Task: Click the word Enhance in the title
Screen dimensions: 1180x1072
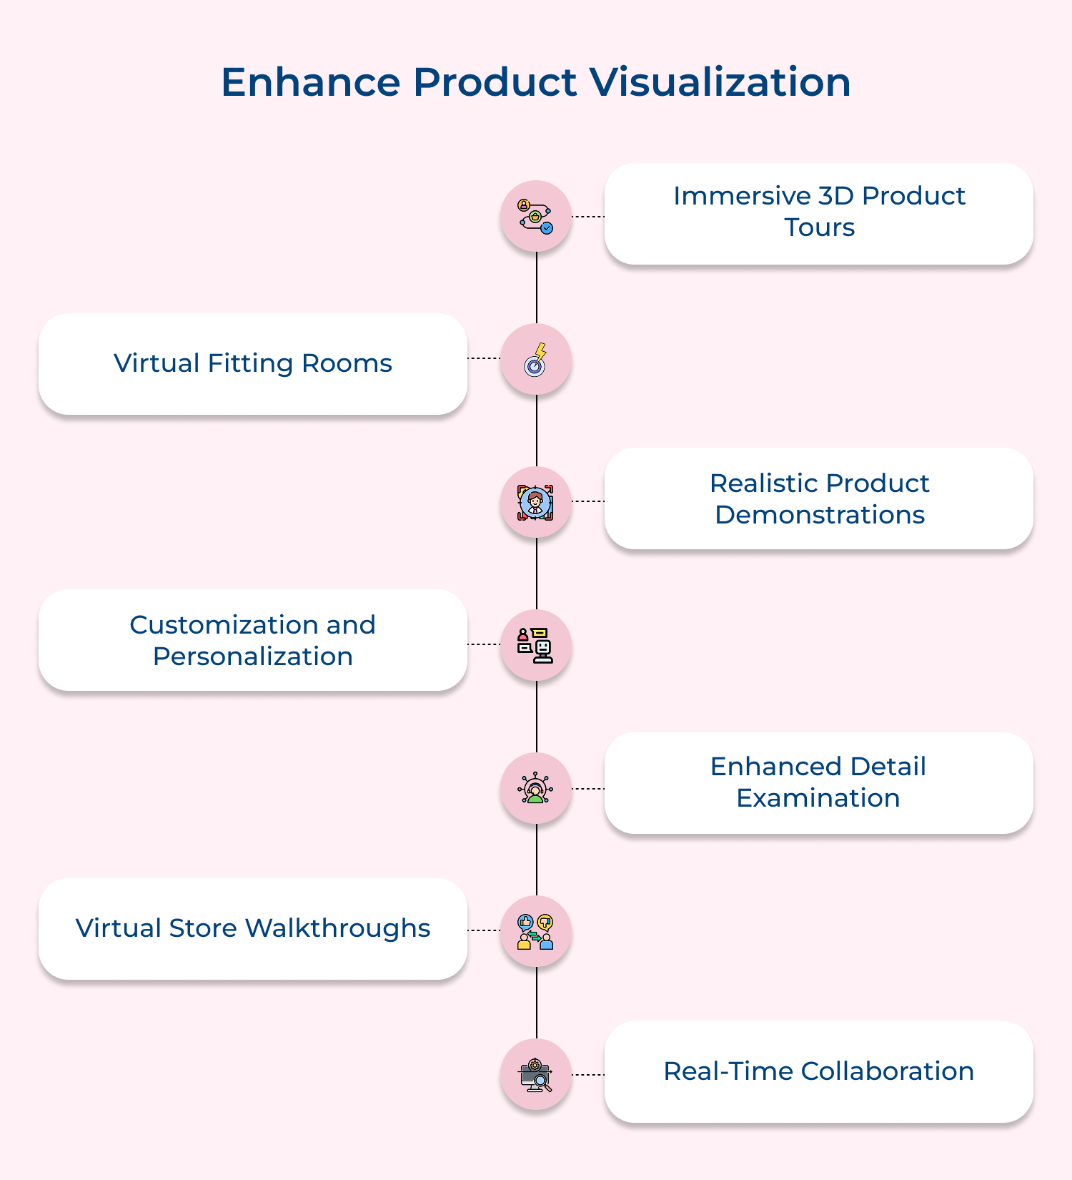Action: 310,82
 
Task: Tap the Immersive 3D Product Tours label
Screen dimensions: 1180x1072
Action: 819,212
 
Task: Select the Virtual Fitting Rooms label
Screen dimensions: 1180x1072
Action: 253,363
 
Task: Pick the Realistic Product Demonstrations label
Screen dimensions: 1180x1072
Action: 819,499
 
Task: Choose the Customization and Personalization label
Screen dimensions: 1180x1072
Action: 253,641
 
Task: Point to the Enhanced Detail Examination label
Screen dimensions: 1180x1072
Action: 819,782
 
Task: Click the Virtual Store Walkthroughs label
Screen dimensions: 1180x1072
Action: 253,928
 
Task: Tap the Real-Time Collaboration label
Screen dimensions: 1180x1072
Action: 819,1071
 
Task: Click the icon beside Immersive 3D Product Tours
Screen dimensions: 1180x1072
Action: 536,216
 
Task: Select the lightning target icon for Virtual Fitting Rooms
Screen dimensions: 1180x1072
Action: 536,359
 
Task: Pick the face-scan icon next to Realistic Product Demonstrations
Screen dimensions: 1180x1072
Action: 536,502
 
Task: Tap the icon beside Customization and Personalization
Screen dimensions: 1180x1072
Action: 536,645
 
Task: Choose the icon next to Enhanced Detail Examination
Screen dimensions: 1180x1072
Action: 536,788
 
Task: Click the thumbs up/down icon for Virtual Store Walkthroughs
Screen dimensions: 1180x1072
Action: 536,931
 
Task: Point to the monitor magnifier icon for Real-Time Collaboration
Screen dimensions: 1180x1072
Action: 536,1074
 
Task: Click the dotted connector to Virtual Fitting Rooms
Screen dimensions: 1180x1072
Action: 484,358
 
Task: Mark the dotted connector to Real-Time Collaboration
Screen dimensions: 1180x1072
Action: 588,1074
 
